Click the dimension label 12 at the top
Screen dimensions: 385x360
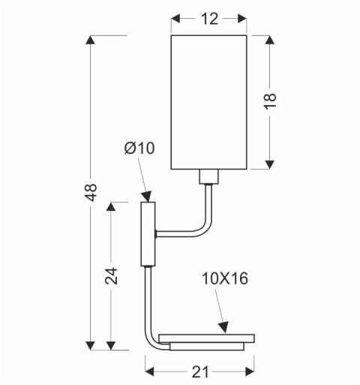pos(209,19)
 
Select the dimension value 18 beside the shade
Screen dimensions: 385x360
pos(271,102)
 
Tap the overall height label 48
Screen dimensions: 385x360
pos(90,193)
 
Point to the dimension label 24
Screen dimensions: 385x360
pos(110,275)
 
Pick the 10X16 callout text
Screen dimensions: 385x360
pos(224,279)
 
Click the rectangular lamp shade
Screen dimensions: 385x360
pos(209,101)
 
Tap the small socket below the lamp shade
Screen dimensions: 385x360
pos(209,177)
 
